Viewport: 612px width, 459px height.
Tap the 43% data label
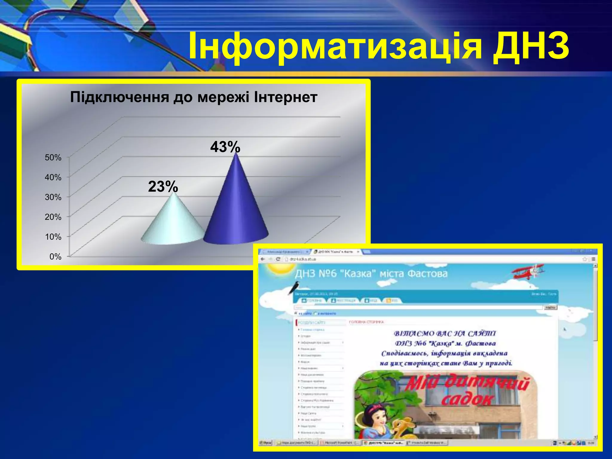pyautogui.click(x=225, y=147)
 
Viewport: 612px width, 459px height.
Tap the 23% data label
pyautogui.click(x=163, y=187)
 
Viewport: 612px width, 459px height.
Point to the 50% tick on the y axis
pyautogui.click(x=53, y=157)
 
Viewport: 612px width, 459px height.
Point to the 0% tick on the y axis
pyautogui.click(x=55, y=257)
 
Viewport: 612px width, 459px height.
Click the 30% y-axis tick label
pyautogui.click(x=53, y=197)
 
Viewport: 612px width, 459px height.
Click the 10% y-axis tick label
pyautogui.click(x=53, y=237)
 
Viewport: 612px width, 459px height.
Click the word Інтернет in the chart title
pyautogui.click(x=285, y=97)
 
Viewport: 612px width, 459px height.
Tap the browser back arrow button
pyautogui.click(x=263, y=259)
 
